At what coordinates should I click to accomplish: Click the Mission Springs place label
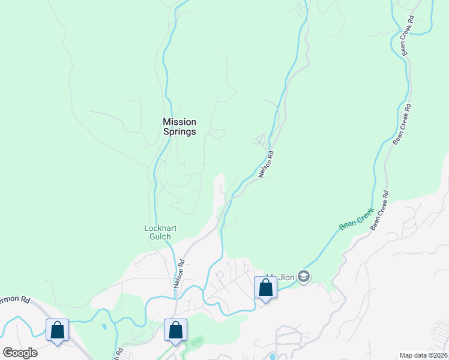point(179,127)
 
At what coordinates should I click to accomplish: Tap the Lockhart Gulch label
point(157,232)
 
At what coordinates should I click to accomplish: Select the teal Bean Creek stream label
point(356,220)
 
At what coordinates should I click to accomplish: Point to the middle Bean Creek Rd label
point(401,125)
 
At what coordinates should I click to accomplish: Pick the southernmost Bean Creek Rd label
point(379,210)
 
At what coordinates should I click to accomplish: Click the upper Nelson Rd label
point(266,164)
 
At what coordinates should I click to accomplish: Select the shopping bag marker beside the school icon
point(265,288)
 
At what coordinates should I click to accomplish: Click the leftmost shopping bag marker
point(57,330)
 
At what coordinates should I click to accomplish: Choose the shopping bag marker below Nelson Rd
point(175,330)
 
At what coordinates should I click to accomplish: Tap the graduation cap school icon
point(304,276)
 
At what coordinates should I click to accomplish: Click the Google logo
point(20,353)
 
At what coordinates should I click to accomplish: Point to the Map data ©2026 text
point(423,355)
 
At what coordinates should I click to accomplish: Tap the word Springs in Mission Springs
point(179,132)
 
